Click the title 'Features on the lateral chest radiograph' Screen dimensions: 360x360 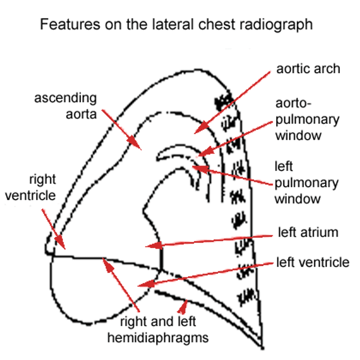click(175, 25)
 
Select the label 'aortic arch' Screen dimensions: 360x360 click(308, 69)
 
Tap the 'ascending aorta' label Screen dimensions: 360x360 click(65, 106)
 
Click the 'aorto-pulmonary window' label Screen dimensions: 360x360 click(307, 120)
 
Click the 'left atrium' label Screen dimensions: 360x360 click(308, 232)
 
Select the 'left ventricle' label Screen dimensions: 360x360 click(313, 263)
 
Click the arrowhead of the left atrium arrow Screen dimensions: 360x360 click(147, 246)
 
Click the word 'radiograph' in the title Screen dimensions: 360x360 click(279, 25)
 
